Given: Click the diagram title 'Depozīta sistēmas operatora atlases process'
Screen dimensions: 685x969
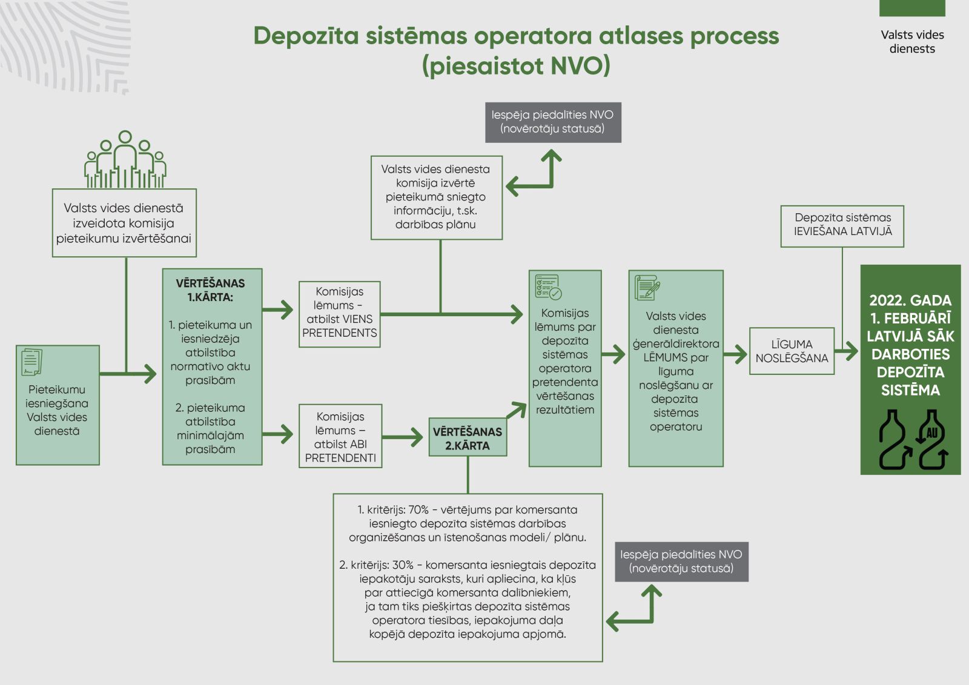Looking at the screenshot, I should point(516,36).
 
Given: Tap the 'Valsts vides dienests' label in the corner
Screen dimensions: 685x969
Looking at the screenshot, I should point(912,42).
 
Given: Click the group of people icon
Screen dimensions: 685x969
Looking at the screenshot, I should point(125,160).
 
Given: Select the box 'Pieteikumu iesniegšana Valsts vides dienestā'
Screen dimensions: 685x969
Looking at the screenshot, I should point(58,409).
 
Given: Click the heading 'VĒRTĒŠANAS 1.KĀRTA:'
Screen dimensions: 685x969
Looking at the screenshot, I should point(211,290).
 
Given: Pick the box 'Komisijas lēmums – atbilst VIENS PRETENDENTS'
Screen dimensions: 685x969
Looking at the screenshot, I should point(340,314).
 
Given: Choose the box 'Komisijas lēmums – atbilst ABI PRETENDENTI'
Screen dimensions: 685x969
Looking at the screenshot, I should point(340,437).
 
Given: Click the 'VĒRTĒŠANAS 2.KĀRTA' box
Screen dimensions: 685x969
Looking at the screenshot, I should point(468,438).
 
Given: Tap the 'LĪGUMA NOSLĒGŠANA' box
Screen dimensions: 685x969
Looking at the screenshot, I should point(792,351).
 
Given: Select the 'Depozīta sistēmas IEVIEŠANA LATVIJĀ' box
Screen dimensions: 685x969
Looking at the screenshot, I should point(842,225).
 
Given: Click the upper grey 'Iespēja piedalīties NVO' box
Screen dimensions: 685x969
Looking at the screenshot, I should point(552,122).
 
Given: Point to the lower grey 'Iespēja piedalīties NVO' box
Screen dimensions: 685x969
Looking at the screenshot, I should point(681,561).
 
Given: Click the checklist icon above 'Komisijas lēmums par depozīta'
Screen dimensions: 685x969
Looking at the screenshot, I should point(548,287).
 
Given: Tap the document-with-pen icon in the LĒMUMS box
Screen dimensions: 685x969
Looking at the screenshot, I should point(647,288).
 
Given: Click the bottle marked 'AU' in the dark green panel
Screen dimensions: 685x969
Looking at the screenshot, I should point(932,441).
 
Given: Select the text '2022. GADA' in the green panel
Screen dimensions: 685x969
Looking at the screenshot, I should point(910,300).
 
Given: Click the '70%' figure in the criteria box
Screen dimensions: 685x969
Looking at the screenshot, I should point(418,510).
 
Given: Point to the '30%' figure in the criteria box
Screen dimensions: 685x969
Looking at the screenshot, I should point(403,565).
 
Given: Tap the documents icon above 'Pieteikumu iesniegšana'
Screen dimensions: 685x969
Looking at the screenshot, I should point(31,362).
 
